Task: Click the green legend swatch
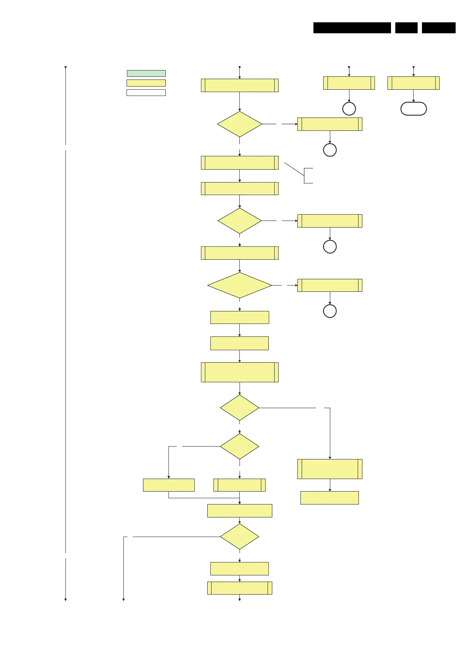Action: pyautogui.click(x=146, y=73)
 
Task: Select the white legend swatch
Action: pyautogui.click(x=146, y=93)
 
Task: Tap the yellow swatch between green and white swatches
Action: pyautogui.click(x=146, y=83)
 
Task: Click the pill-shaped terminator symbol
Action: pyautogui.click(x=413, y=108)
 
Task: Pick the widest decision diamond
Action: pyautogui.click(x=239, y=286)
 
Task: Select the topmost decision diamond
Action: pyautogui.click(x=239, y=124)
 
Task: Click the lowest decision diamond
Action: pyautogui.click(x=239, y=537)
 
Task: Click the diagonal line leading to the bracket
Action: pyautogui.click(x=294, y=169)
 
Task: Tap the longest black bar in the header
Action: pyautogui.click(x=352, y=28)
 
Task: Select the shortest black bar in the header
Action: pyautogui.click(x=406, y=28)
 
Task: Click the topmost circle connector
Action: pyautogui.click(x=349, y=108)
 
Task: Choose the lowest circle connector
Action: pyautogui.click(x=329, y=311)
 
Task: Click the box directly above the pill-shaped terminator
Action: pyautogui.click(x=413, y=83)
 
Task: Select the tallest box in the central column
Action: pyautogui.click(x=239, y=372)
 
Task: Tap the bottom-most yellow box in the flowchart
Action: pyautogui.click(x=239, y=588)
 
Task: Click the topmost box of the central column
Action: pyautogui.click(x=239, y=85)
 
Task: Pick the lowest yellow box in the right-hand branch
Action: pyautogui.click(x=329, y=497)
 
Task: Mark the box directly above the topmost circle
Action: pyautogui.click(x=349, y=83)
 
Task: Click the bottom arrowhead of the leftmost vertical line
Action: pyautogui.click(x=65, y=599)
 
